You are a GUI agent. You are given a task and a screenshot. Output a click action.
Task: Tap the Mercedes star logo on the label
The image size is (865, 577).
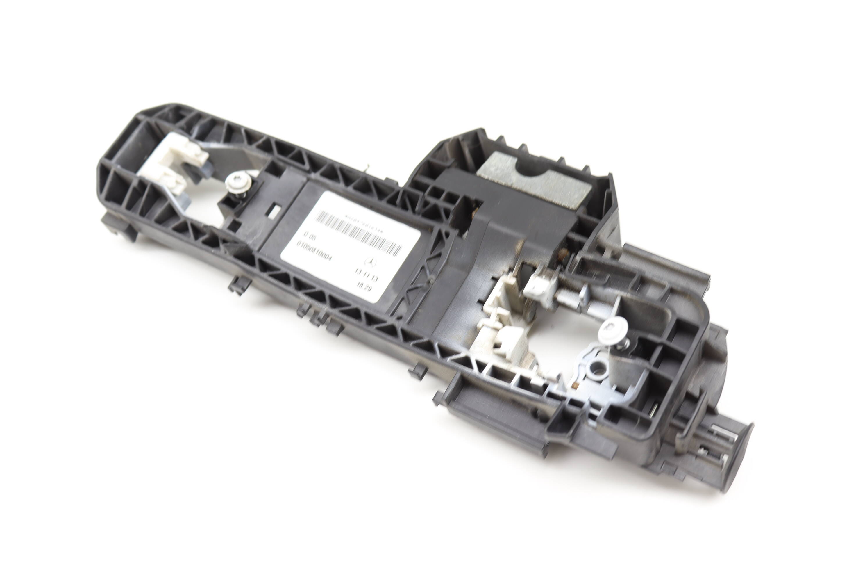pos(370,262)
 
